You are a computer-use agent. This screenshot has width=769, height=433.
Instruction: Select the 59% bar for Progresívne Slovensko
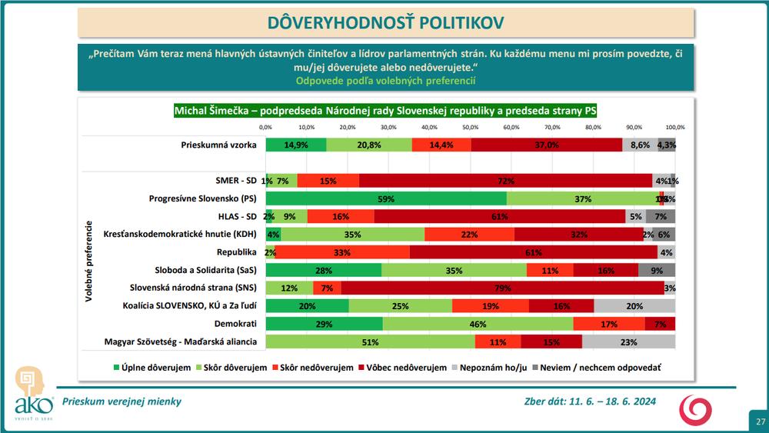(386, 198)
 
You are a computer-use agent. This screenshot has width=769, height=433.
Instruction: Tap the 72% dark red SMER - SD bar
(505, 181)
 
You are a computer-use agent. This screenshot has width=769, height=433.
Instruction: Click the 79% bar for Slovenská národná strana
(503, 288)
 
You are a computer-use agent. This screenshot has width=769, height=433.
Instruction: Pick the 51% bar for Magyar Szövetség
(371, 341)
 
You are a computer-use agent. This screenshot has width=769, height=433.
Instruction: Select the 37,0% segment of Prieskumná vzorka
(547, 145)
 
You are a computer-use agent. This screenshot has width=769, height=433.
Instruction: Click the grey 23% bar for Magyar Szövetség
(628, 341)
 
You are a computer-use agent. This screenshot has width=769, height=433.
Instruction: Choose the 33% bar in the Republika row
(343, 252)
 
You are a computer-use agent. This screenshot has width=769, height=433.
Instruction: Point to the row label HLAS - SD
(235, 216)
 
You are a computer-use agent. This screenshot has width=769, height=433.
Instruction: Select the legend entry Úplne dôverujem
(152, 368)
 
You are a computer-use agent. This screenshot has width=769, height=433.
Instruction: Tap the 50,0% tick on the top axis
(470, 126)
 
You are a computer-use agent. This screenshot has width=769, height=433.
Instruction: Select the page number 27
(760, 421)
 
